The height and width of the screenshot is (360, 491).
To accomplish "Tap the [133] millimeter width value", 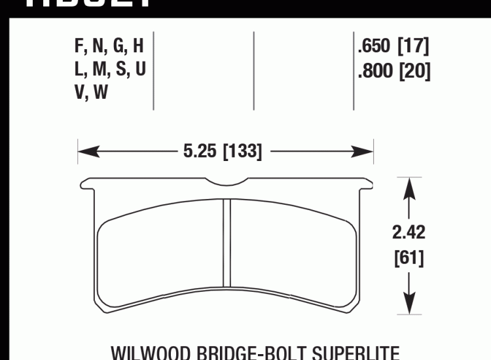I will (x=242, y=153).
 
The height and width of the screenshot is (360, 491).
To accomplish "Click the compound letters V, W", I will (x=92, y=93).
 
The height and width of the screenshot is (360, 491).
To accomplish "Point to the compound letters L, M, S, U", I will (x=109, y=70).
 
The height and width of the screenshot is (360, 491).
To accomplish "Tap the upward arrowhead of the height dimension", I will (x=410, y=186).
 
